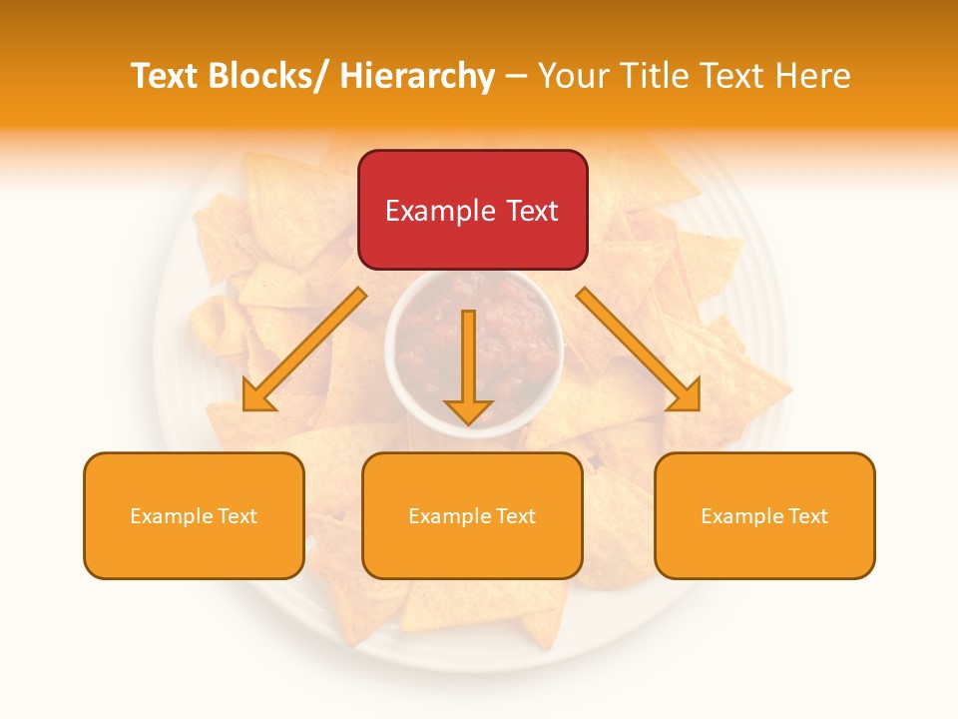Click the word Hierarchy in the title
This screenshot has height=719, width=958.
pyautogui.click(x=417, y=76)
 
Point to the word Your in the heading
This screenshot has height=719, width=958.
pyautogui.click(x=573, y=76)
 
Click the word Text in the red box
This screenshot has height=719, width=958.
pyautogui.click(x=532, y=212)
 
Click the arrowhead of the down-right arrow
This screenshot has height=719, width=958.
pyautogui.click(x=687, y=395)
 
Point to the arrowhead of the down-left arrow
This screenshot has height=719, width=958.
pyautogui.click(x=257, y=396)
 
